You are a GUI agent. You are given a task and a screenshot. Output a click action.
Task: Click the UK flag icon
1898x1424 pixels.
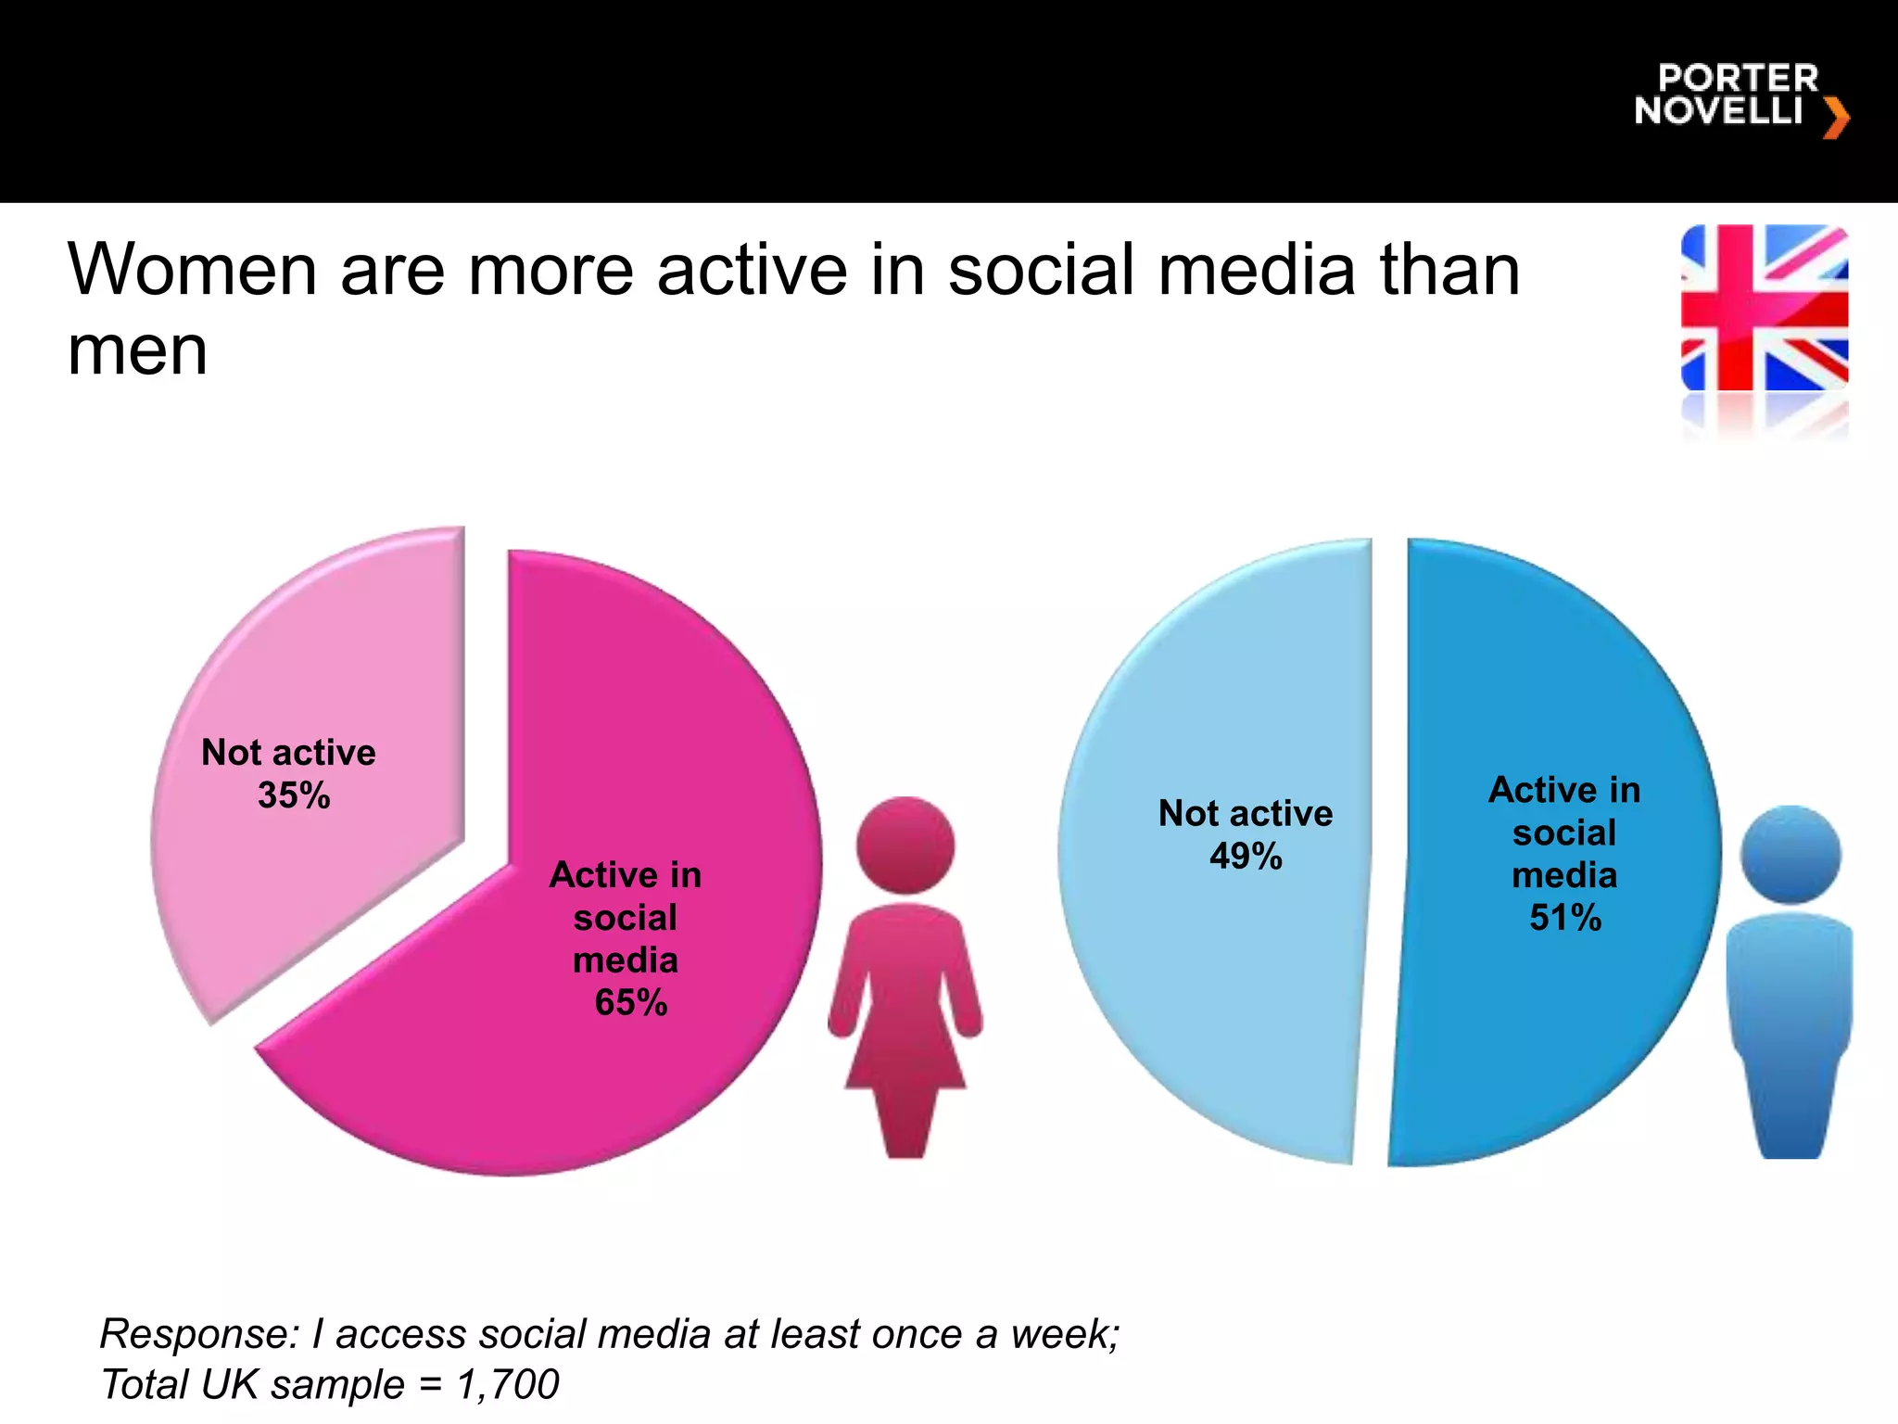1765,308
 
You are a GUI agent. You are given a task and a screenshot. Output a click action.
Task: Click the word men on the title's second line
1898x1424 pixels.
137,352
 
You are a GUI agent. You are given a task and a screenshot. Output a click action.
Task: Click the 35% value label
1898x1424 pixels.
294,795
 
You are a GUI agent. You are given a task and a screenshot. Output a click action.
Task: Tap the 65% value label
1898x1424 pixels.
631,1003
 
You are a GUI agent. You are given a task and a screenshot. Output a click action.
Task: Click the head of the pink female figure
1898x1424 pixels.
905,845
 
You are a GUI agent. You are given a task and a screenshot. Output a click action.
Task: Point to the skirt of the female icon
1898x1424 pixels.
905,1048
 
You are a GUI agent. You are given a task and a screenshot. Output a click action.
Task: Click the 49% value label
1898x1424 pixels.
1246,857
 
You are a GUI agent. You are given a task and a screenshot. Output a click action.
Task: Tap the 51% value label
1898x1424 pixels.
1565,918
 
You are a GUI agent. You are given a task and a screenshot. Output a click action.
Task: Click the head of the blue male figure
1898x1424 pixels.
1790,854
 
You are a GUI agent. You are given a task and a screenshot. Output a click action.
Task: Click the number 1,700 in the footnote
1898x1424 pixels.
508,1385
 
